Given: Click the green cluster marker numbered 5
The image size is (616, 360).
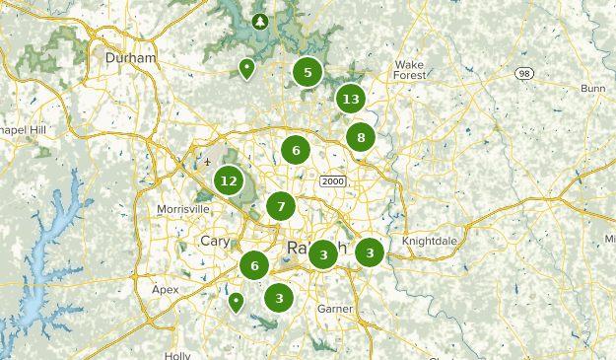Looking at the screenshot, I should [x=308, y=72].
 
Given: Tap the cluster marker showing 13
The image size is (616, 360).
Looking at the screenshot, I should [x=350, y=99].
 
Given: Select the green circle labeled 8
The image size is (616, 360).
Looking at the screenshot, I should [x=361, y=137].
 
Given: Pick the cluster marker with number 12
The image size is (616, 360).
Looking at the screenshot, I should [x=229, y=180].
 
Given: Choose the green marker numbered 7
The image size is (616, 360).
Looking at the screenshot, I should [x=281, y=206].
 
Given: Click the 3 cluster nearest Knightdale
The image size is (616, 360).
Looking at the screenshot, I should [x=370, y=252].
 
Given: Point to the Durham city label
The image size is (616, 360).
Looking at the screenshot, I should [x=131, y=58].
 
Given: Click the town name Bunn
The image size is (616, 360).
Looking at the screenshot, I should [x=593, y=89].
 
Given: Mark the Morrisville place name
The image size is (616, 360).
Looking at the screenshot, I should [x=183, y=209].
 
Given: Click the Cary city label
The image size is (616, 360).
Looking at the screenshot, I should [x=214, y=242].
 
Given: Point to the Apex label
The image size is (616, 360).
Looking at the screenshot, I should [x=166, y=290].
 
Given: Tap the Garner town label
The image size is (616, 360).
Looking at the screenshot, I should [x=334, y=309].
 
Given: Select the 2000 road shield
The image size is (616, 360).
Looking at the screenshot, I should [x=332, y=180].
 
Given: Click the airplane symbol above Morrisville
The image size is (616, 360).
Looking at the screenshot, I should [x=208, y=162].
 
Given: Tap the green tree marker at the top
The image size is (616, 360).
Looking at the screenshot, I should [x=260, y=20].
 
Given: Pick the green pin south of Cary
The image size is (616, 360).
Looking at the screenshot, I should [x=236, y=301].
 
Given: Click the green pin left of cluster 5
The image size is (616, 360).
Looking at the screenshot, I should [x=245, y=68].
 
